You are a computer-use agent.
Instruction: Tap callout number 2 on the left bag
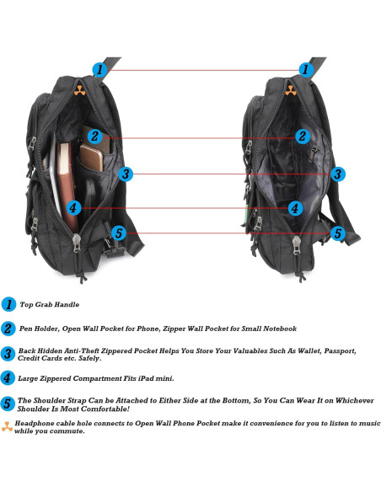click(x=95, y=136)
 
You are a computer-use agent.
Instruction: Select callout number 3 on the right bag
click(x=336, y=174)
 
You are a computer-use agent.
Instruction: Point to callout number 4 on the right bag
click(x=295, y=207)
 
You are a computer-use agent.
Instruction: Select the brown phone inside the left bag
click(x=90, y=159)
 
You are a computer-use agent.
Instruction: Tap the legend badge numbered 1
click(x=9, y=304)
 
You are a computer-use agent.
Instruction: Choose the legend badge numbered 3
click(x=8, y=354)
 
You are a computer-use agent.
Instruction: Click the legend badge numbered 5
click(x=8, y=404)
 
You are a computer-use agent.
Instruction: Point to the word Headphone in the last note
click(x=37, y=423)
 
